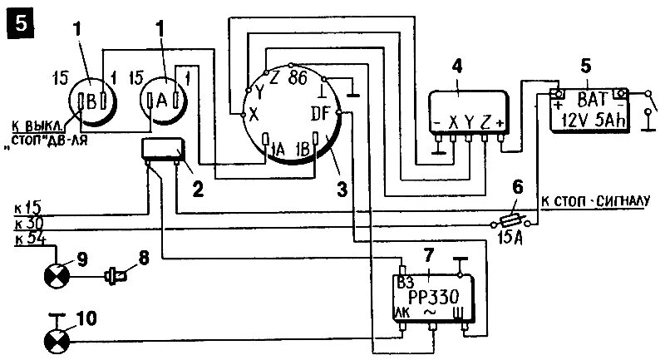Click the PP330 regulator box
pos(431,298)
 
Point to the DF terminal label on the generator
pos(321,112)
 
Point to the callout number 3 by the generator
pos(342,190)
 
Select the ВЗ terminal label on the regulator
pos(406,281)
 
